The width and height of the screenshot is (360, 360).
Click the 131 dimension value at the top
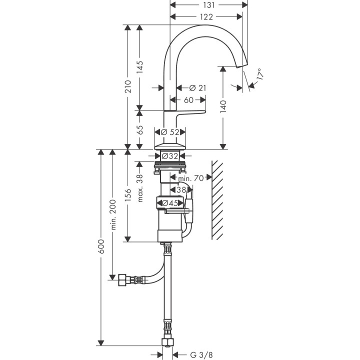click(209, 5)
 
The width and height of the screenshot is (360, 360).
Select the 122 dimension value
click(205, 16)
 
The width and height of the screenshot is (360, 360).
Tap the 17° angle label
click(259, 75)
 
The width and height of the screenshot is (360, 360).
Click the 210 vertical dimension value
click(128, 86)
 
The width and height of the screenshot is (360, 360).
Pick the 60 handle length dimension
click(188, 100)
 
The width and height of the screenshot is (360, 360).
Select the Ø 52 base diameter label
click(170, 132)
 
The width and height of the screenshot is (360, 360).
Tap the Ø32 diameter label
click(170, 156)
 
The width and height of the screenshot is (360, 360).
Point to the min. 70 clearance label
click(190, 177)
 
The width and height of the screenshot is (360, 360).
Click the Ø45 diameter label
click(170, 202)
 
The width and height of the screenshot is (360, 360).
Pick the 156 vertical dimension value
click(128, 194)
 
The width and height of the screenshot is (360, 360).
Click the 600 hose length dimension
click(101, 247)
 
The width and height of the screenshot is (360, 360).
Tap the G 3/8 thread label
click(199, 355)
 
